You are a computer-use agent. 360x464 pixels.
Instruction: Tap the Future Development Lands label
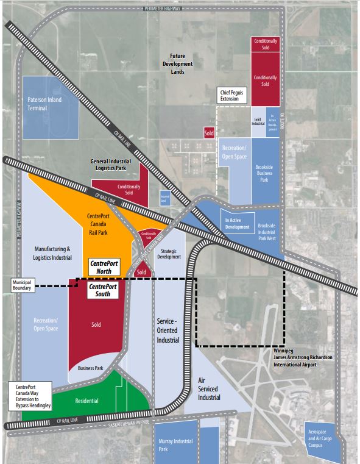point(177,63)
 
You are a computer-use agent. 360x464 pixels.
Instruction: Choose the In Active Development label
point(238,223)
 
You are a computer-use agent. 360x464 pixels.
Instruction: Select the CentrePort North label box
point(104,266)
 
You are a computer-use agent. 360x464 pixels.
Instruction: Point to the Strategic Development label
point(169,253)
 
